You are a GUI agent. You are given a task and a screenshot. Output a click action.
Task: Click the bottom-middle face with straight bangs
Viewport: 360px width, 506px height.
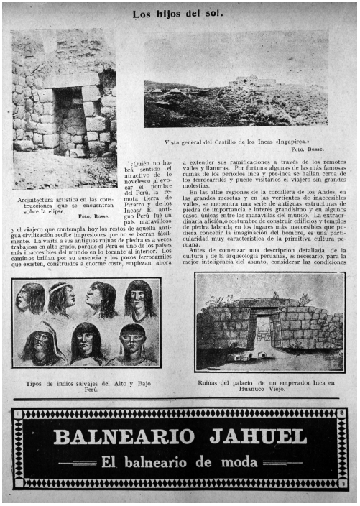coord(88,342)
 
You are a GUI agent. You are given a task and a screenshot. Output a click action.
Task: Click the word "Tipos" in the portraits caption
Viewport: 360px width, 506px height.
coord(34,382)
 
